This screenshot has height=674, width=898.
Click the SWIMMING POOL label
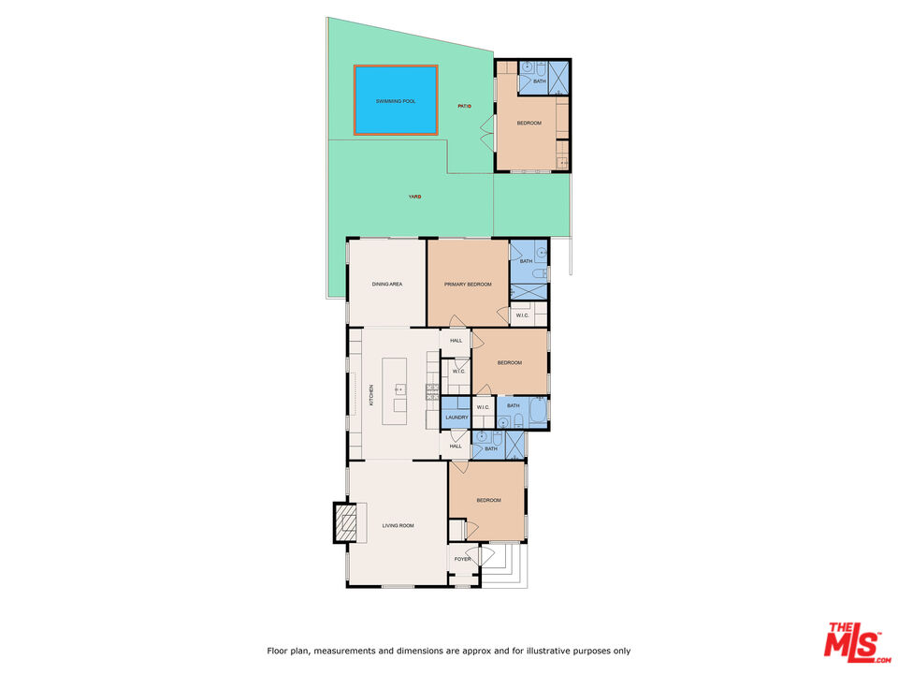pos(395,100)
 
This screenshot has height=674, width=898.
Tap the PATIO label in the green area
pos(464,106)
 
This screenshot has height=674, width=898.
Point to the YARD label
pos(413,197)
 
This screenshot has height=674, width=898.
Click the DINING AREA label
pos(387,284)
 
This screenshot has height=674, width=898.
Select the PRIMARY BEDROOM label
pos(468,284)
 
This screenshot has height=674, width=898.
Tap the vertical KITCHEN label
pos(370,394)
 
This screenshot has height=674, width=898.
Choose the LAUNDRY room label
pos(456,417)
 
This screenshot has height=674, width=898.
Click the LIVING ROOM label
pos(398,526)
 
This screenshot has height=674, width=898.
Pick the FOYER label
pos(462,559)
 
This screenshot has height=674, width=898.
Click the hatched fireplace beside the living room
pos(346,523)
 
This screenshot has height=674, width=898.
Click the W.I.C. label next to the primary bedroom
pos(523,315)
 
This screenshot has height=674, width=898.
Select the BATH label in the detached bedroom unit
pos(539,81)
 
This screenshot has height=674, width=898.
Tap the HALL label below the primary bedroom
pos(456,340)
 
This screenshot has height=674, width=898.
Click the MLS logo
pos(851,641)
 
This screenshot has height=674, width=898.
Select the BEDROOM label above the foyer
pos(488,500)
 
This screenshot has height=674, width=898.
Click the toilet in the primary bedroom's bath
pos(539,273)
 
